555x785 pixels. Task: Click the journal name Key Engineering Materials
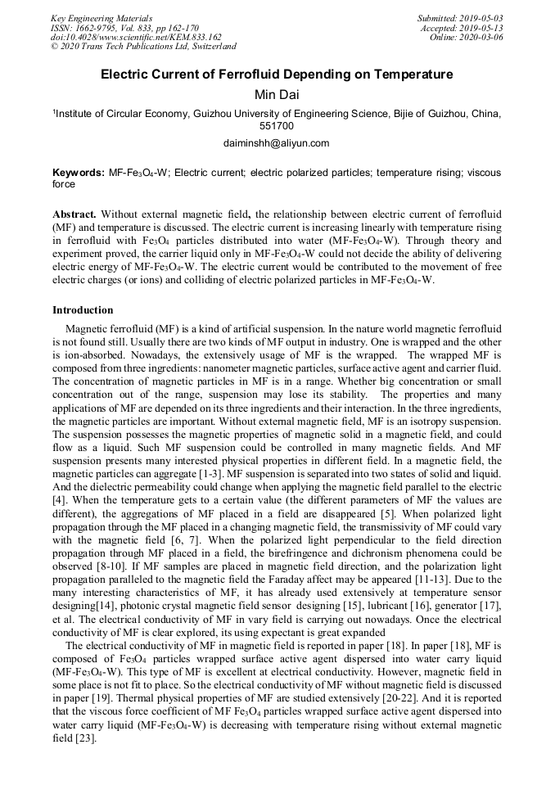coord(101,17)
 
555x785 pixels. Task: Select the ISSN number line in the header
coord(124,27)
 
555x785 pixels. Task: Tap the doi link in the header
coord(136,37)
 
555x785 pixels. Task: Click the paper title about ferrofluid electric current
coord(277,74)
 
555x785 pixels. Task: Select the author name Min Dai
coord(277,95)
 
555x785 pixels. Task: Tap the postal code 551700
coord(277,126)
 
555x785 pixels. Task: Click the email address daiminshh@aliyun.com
coord(276,143)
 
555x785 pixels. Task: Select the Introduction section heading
coord(83,310)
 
